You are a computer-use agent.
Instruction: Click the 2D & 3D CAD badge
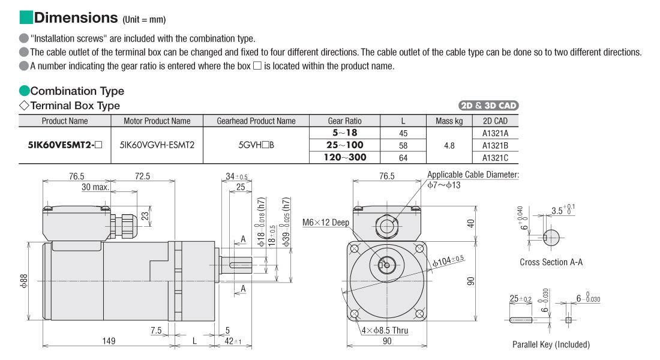click(488, 106)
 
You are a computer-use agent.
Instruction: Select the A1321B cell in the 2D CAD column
click(495, 146)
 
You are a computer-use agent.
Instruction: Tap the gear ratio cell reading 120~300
click(345, 157)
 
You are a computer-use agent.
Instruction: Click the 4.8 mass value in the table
click(449, 146)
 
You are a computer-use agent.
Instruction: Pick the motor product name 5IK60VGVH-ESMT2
click(157, 145)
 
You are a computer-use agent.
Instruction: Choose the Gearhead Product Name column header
click(256, 121)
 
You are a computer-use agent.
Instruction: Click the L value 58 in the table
click(403, 146)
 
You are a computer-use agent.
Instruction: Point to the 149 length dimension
click(109, 341)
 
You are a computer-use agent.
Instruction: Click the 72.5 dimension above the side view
click(142, 176)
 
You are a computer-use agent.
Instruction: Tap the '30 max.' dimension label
click(95, 187)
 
